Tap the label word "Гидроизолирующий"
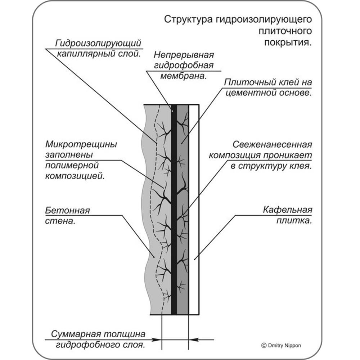click(x=97, y=44)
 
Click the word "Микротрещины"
click(x=81, y=144)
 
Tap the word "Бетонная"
click(x=67, y=210)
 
